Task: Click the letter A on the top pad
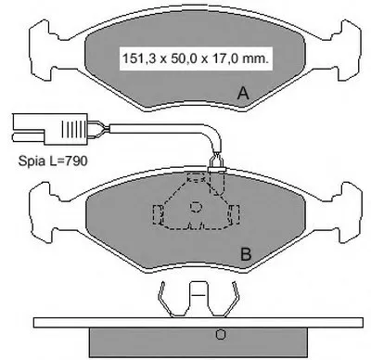(x=243, y=93)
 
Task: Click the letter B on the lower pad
(x=246, y=254)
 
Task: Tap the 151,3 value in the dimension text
(x=139, y=58)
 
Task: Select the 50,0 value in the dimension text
(x=181, y=58)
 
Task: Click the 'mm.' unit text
(x=255, y=58)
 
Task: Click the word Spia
(x=32, y=161)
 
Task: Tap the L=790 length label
(x=68, y=161)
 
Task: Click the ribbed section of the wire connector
(x=73, y=129)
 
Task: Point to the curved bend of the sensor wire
(x=216, y=133)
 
